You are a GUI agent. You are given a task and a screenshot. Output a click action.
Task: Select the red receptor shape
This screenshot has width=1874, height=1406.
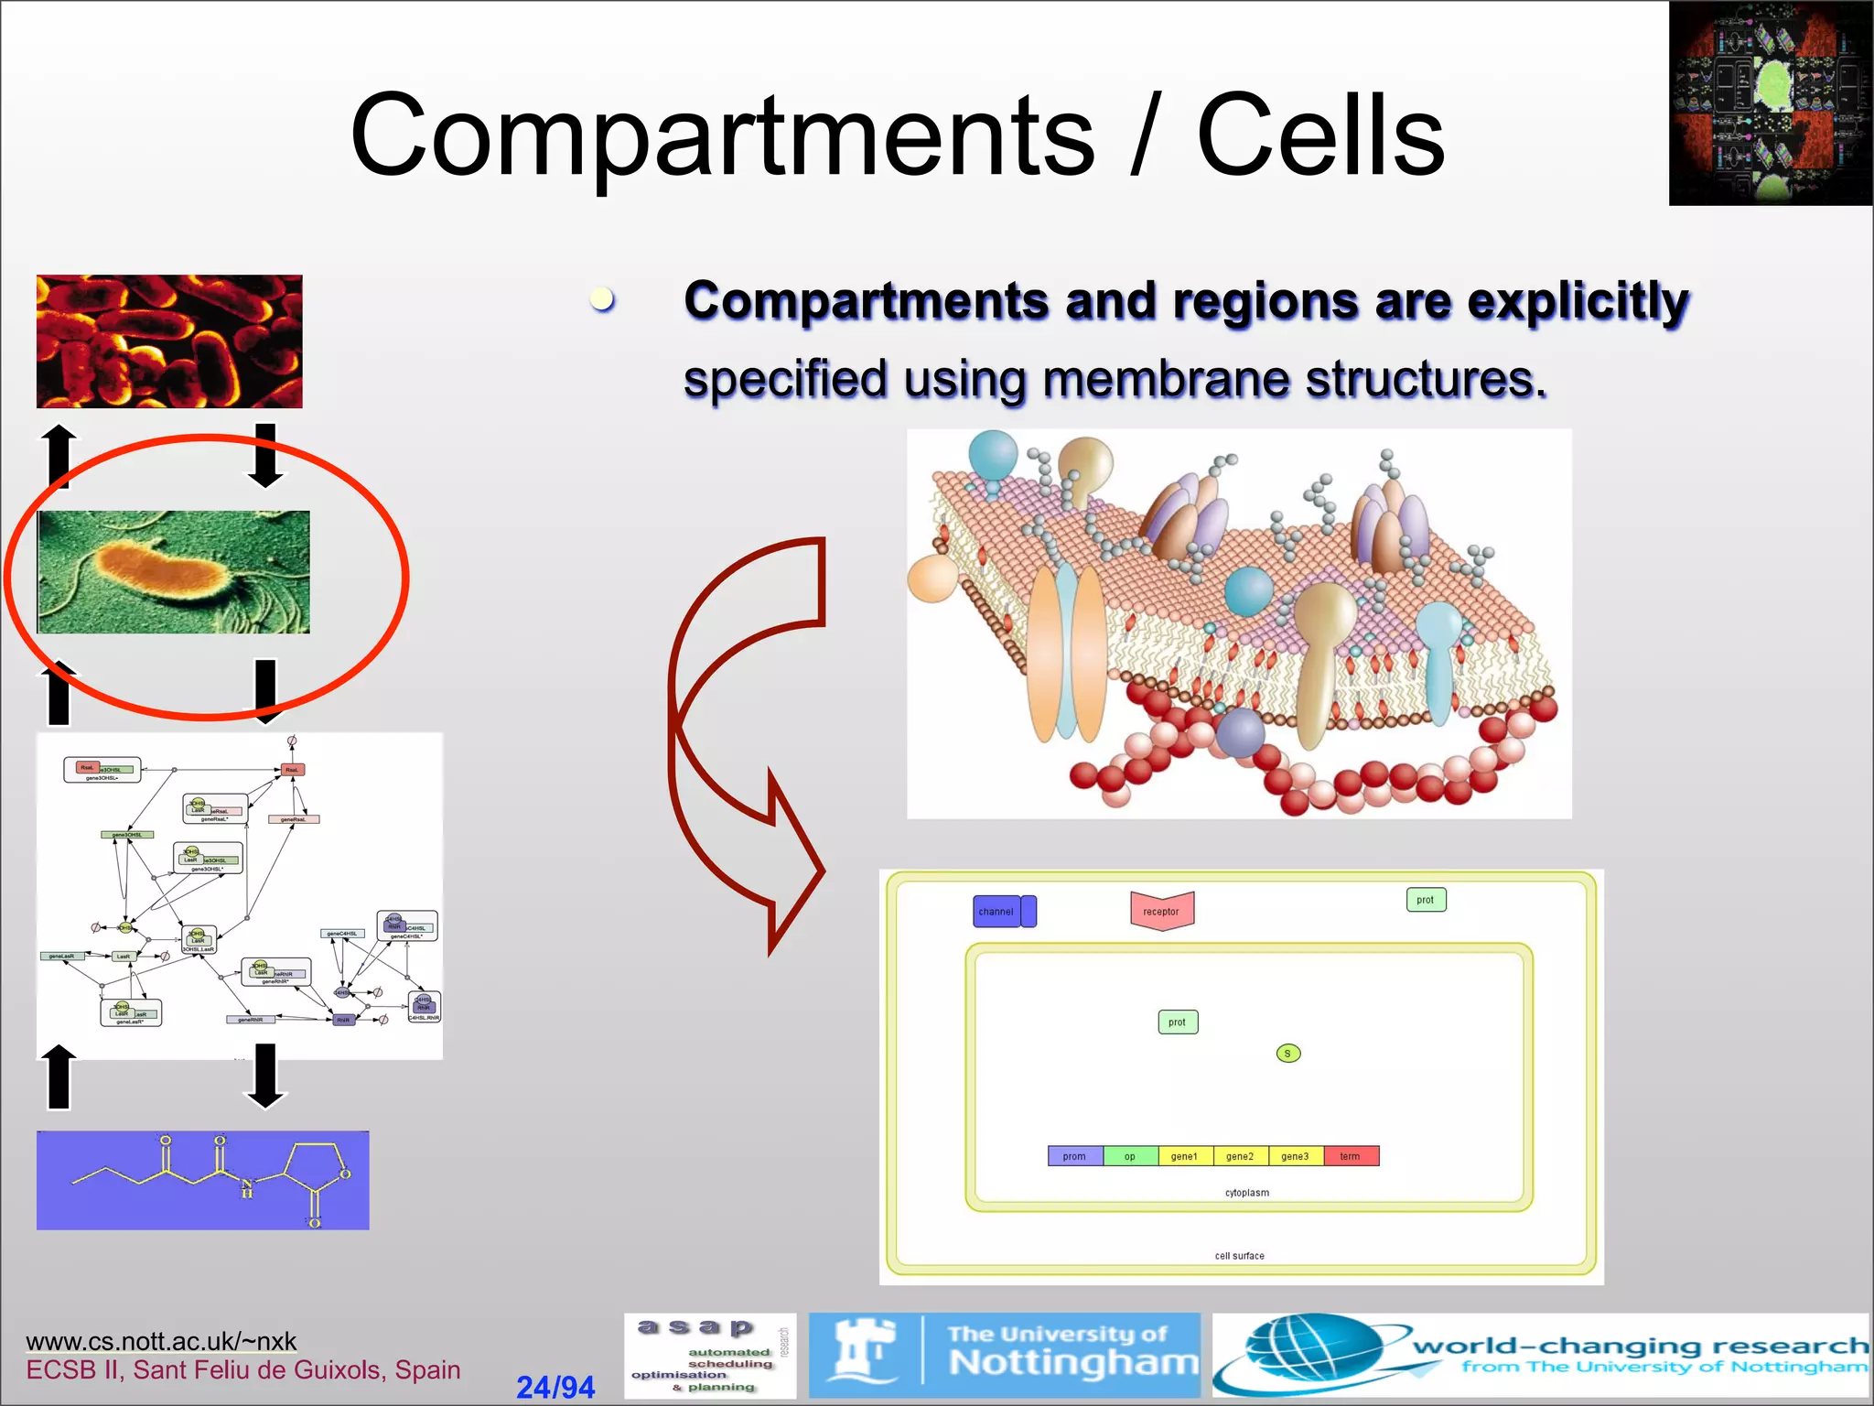pyautogui.click(x=1161, y=911)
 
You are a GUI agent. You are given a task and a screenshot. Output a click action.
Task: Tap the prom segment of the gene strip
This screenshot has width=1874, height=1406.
pyautogui.click(x=1074, y=1156)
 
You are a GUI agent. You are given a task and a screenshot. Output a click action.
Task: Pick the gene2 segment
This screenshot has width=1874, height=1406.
pyautogui.click(x=1240, y=1156)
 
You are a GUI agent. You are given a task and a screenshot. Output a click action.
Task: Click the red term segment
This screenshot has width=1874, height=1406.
pyautogui.click(x=1351, y=1156)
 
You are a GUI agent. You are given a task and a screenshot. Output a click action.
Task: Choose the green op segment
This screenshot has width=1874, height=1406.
pyautogui.click(x=1130, y=1156)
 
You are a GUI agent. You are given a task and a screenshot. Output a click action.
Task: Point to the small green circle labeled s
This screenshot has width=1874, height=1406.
pyautogui.click(x=1287, y=1054)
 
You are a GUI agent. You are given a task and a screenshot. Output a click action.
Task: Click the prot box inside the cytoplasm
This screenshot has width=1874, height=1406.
pyautogui.click(x=1177, y=1022)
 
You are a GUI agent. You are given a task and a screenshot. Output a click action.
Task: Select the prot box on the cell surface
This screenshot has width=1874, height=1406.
pyautogui.click(x=1425, y=900)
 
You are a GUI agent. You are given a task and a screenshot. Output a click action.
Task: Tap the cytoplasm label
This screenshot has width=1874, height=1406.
pyautogui.click(x=1246, y=1193)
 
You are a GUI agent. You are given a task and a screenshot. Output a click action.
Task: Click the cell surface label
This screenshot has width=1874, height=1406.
pyautogui.click(x=1239, y=1256)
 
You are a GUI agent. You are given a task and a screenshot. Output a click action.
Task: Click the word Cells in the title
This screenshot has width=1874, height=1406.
pyautogui.click(x=1319, y=137)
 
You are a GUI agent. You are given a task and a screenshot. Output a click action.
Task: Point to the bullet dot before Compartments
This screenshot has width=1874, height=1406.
pyautogui.click(x=601, y=298)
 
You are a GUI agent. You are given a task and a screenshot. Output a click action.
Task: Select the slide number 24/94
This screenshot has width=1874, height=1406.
pyautogui.click(x=555, y=1387)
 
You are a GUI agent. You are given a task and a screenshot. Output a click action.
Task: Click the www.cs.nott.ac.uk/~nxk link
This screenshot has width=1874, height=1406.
pyautogui.click(x=161, y=1341)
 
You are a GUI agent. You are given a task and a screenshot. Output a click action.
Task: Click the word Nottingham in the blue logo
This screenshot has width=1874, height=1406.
pyautogui.click(x=1072, y=1363)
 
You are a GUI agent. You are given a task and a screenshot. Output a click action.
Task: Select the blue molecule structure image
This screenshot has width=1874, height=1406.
pyautogui.click(x=202, y=1180)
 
